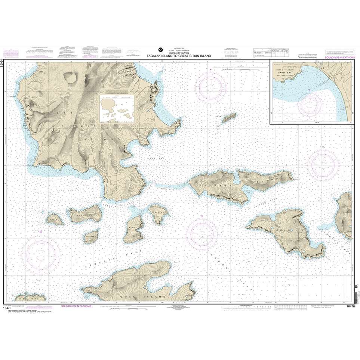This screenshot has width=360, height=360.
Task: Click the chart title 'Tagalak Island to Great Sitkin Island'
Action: pyautogui.click(x=180, y=56)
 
